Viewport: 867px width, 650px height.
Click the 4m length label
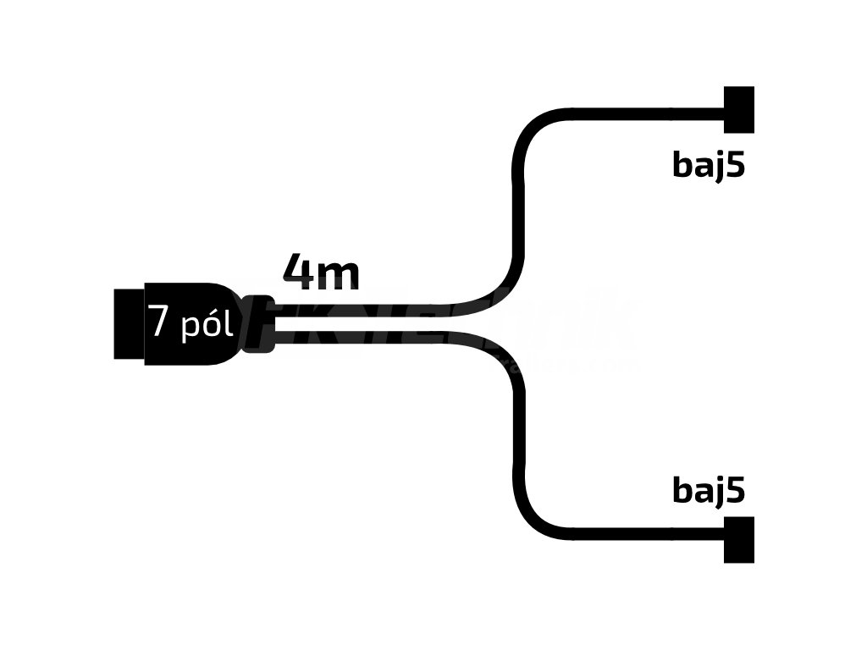tap(321, 273)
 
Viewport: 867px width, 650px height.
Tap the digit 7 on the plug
tap(158, 322)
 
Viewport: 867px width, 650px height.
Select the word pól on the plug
tap(207, 325)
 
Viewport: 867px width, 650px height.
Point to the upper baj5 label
tap(709, 164)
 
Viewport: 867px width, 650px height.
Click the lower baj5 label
tap(709, 490)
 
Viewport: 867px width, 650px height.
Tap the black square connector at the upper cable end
tap(738, 110)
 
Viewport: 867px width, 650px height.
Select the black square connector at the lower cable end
tap(738, 539)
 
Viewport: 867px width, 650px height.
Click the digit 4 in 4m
tap(299, 273)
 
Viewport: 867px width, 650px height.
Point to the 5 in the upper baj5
tap(736, 164)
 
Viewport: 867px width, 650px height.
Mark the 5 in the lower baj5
tap(736, 490)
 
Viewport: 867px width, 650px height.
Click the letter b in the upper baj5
tap(683, 164)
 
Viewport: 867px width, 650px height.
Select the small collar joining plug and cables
tap(259, 323)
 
